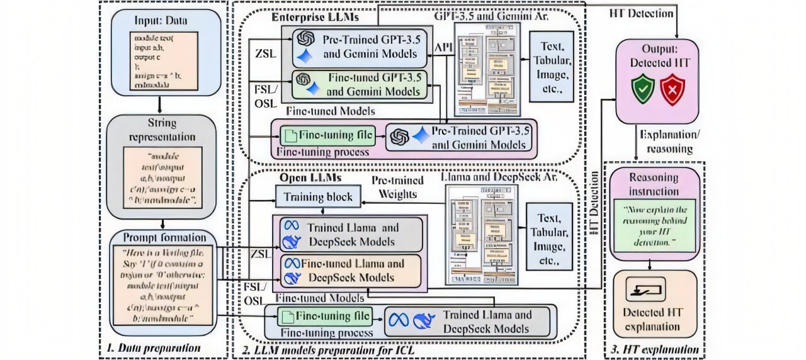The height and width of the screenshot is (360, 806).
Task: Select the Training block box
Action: pos(317,197)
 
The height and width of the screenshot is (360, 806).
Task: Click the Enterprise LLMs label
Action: pos(306,17)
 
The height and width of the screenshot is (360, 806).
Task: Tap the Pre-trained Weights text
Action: pos(397,187)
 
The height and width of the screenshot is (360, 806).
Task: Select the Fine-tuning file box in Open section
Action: pos(325,316)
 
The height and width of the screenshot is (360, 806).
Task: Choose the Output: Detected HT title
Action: pos(656,57)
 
